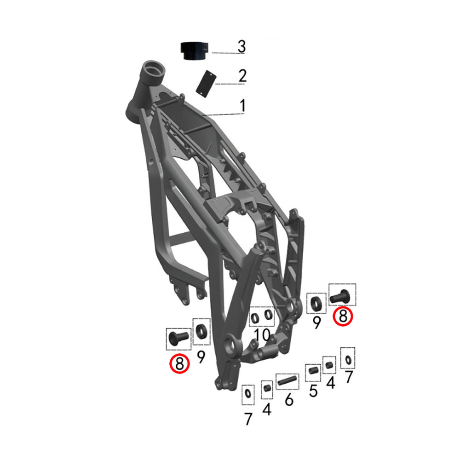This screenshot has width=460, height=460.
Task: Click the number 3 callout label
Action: point(241,46)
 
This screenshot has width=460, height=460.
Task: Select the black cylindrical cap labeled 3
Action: point(194,51)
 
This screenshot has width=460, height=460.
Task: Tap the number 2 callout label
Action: point(242,76)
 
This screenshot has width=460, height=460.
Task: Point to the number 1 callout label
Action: point(242,106)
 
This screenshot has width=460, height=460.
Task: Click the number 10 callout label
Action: point(262,335)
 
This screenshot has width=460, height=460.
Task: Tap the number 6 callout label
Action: point(289,399)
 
